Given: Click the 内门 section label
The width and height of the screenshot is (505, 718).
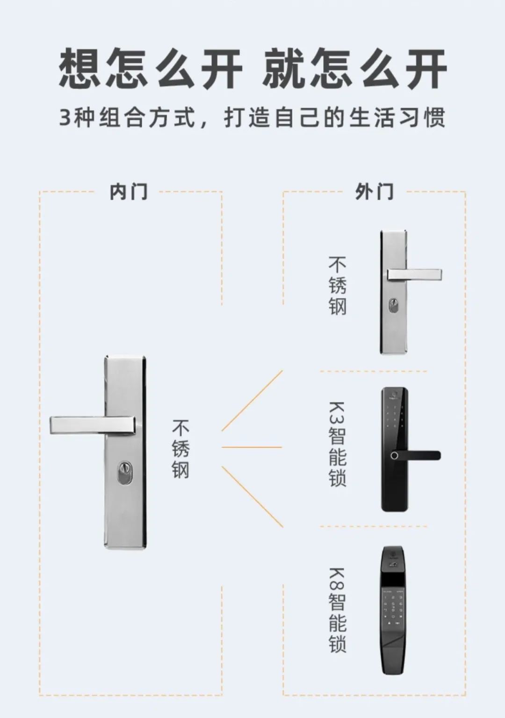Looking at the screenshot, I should (x=128, y=192).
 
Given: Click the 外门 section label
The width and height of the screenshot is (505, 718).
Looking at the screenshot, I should (x=374, y=192).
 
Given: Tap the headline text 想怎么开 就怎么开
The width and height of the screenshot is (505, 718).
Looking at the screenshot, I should (x=252, y=69).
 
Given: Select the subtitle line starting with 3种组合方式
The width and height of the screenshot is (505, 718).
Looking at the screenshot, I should (x=252, y=117).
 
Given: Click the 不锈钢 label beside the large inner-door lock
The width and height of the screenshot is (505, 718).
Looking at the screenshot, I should (x=180, y=449).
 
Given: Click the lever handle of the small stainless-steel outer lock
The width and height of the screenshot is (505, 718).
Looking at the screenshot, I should (x=414, y=274).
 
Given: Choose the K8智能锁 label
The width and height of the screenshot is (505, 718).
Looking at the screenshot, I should (x=337, y=610).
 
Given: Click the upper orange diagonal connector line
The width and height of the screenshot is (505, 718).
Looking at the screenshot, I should (x=252, y=401).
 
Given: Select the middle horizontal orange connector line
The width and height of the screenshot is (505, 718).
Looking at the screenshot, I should (x=252, y=447).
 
